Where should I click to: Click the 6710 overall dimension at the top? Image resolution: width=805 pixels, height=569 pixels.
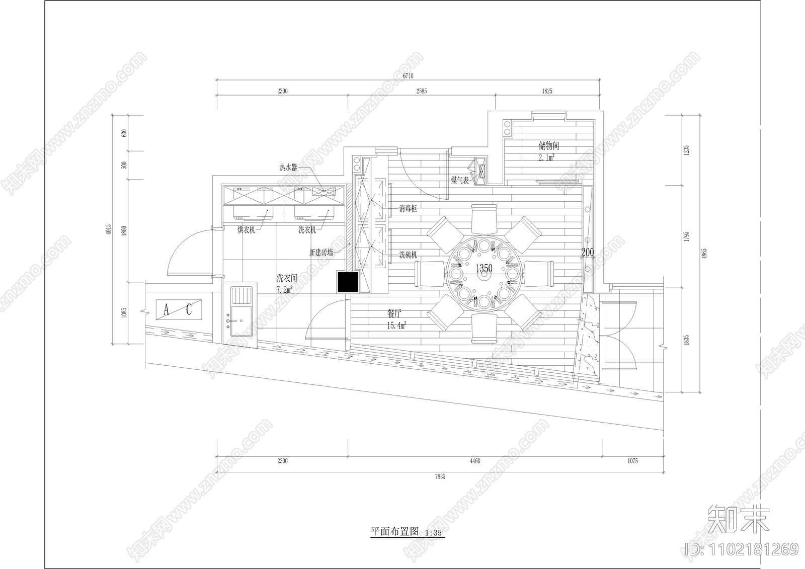coord(408,76)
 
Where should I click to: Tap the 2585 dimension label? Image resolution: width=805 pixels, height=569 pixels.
coord(421,91)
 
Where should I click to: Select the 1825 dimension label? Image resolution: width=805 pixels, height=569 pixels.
coord(547,91)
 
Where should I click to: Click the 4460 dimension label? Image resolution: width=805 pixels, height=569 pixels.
coord(474,461)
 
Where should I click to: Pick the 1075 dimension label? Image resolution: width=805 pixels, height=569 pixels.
coord(632,461)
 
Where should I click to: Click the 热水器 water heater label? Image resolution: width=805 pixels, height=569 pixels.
coord(288,168)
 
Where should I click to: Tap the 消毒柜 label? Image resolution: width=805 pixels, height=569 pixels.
coord(408,208)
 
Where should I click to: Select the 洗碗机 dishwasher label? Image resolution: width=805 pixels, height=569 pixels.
coord(408,255)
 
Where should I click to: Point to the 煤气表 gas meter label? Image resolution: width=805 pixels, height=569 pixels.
coord(460,180)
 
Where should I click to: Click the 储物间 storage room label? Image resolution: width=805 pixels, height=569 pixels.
coord(548,146)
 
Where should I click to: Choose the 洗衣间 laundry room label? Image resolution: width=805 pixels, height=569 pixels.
coord(287,278)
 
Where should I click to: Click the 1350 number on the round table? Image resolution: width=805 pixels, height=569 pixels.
coord(484,269)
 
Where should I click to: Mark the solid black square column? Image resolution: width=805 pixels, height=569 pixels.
coord(348,282)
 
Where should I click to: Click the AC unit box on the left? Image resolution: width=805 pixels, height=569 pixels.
coord(178,309)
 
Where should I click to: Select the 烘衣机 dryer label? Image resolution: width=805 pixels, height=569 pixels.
coord(247,230)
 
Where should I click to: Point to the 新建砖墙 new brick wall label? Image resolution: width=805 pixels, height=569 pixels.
coord(321,253)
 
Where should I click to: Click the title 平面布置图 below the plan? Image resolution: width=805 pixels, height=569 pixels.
coord(394,532)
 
